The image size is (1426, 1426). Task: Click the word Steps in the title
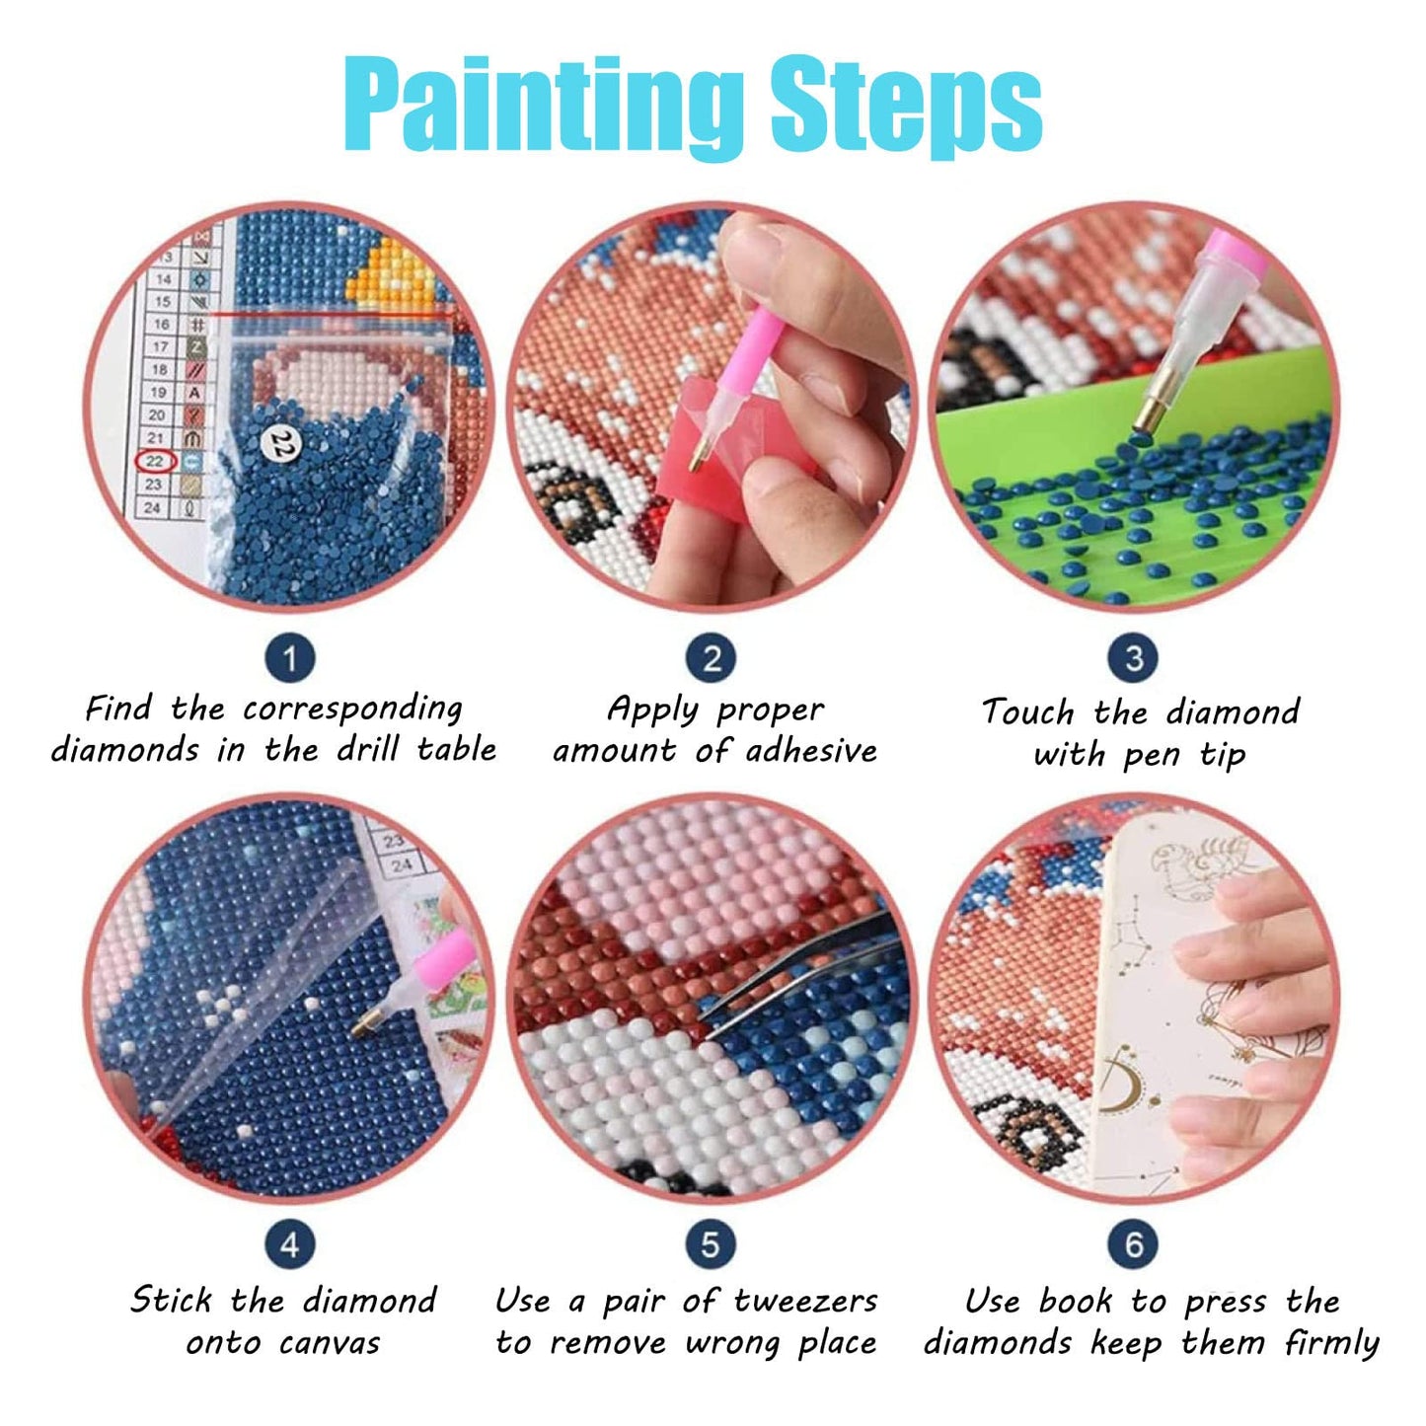point(906,111)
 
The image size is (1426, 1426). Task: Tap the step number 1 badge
point(290,658)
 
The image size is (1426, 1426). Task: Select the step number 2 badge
point(712,658)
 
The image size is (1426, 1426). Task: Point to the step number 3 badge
point(1134,658)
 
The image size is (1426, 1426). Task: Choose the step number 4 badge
point(290,1244)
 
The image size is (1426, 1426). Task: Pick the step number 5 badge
point(711,1244)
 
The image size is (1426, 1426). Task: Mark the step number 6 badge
point(1134,1244)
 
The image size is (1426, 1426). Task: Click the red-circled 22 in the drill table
point(155,461)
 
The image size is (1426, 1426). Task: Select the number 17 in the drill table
point(161,346)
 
